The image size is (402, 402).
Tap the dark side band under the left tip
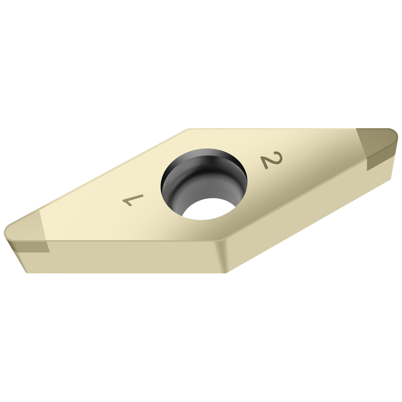pyautogui.click(x=31, y=247)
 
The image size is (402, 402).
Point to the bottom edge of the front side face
pyautogui.click(x=127, y=273)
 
